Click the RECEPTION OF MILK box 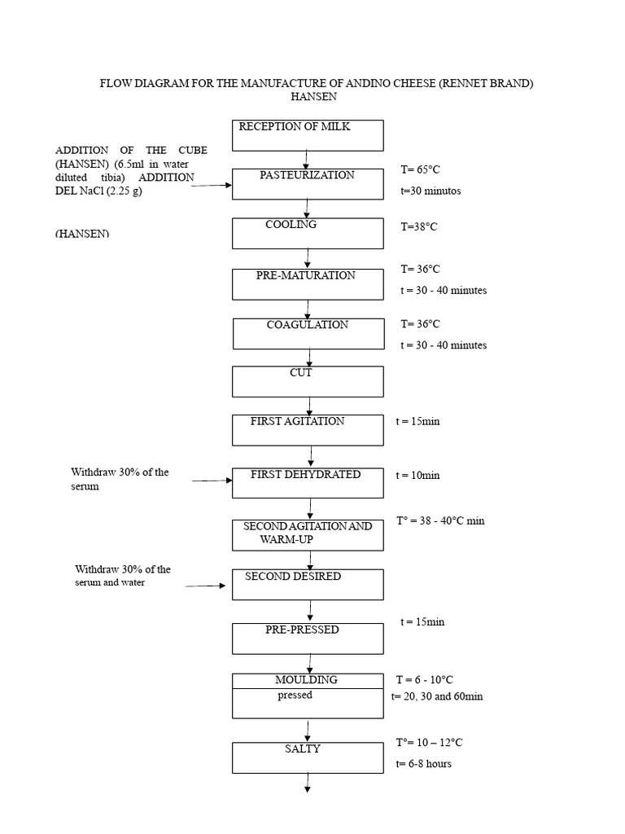tap(308, 135)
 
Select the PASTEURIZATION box tap(308, 183)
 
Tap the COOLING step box tap(308, 233)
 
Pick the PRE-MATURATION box tap(308, 284)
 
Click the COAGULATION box tap(308, 333)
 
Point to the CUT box tap(308, 381)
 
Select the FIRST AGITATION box tap(308, 429)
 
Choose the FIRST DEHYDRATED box tap(308, 482)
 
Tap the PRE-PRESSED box tap(308, 639)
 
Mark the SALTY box tap(308, 757)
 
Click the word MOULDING tap(306, 680)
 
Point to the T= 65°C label tap(420, 170)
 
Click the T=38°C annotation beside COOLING tap(418, 227)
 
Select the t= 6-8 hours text tap(423, 764)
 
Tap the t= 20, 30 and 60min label tap(437, 696)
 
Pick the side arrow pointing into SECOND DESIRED tap(205, 585)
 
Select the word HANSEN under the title tap(314, 97)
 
